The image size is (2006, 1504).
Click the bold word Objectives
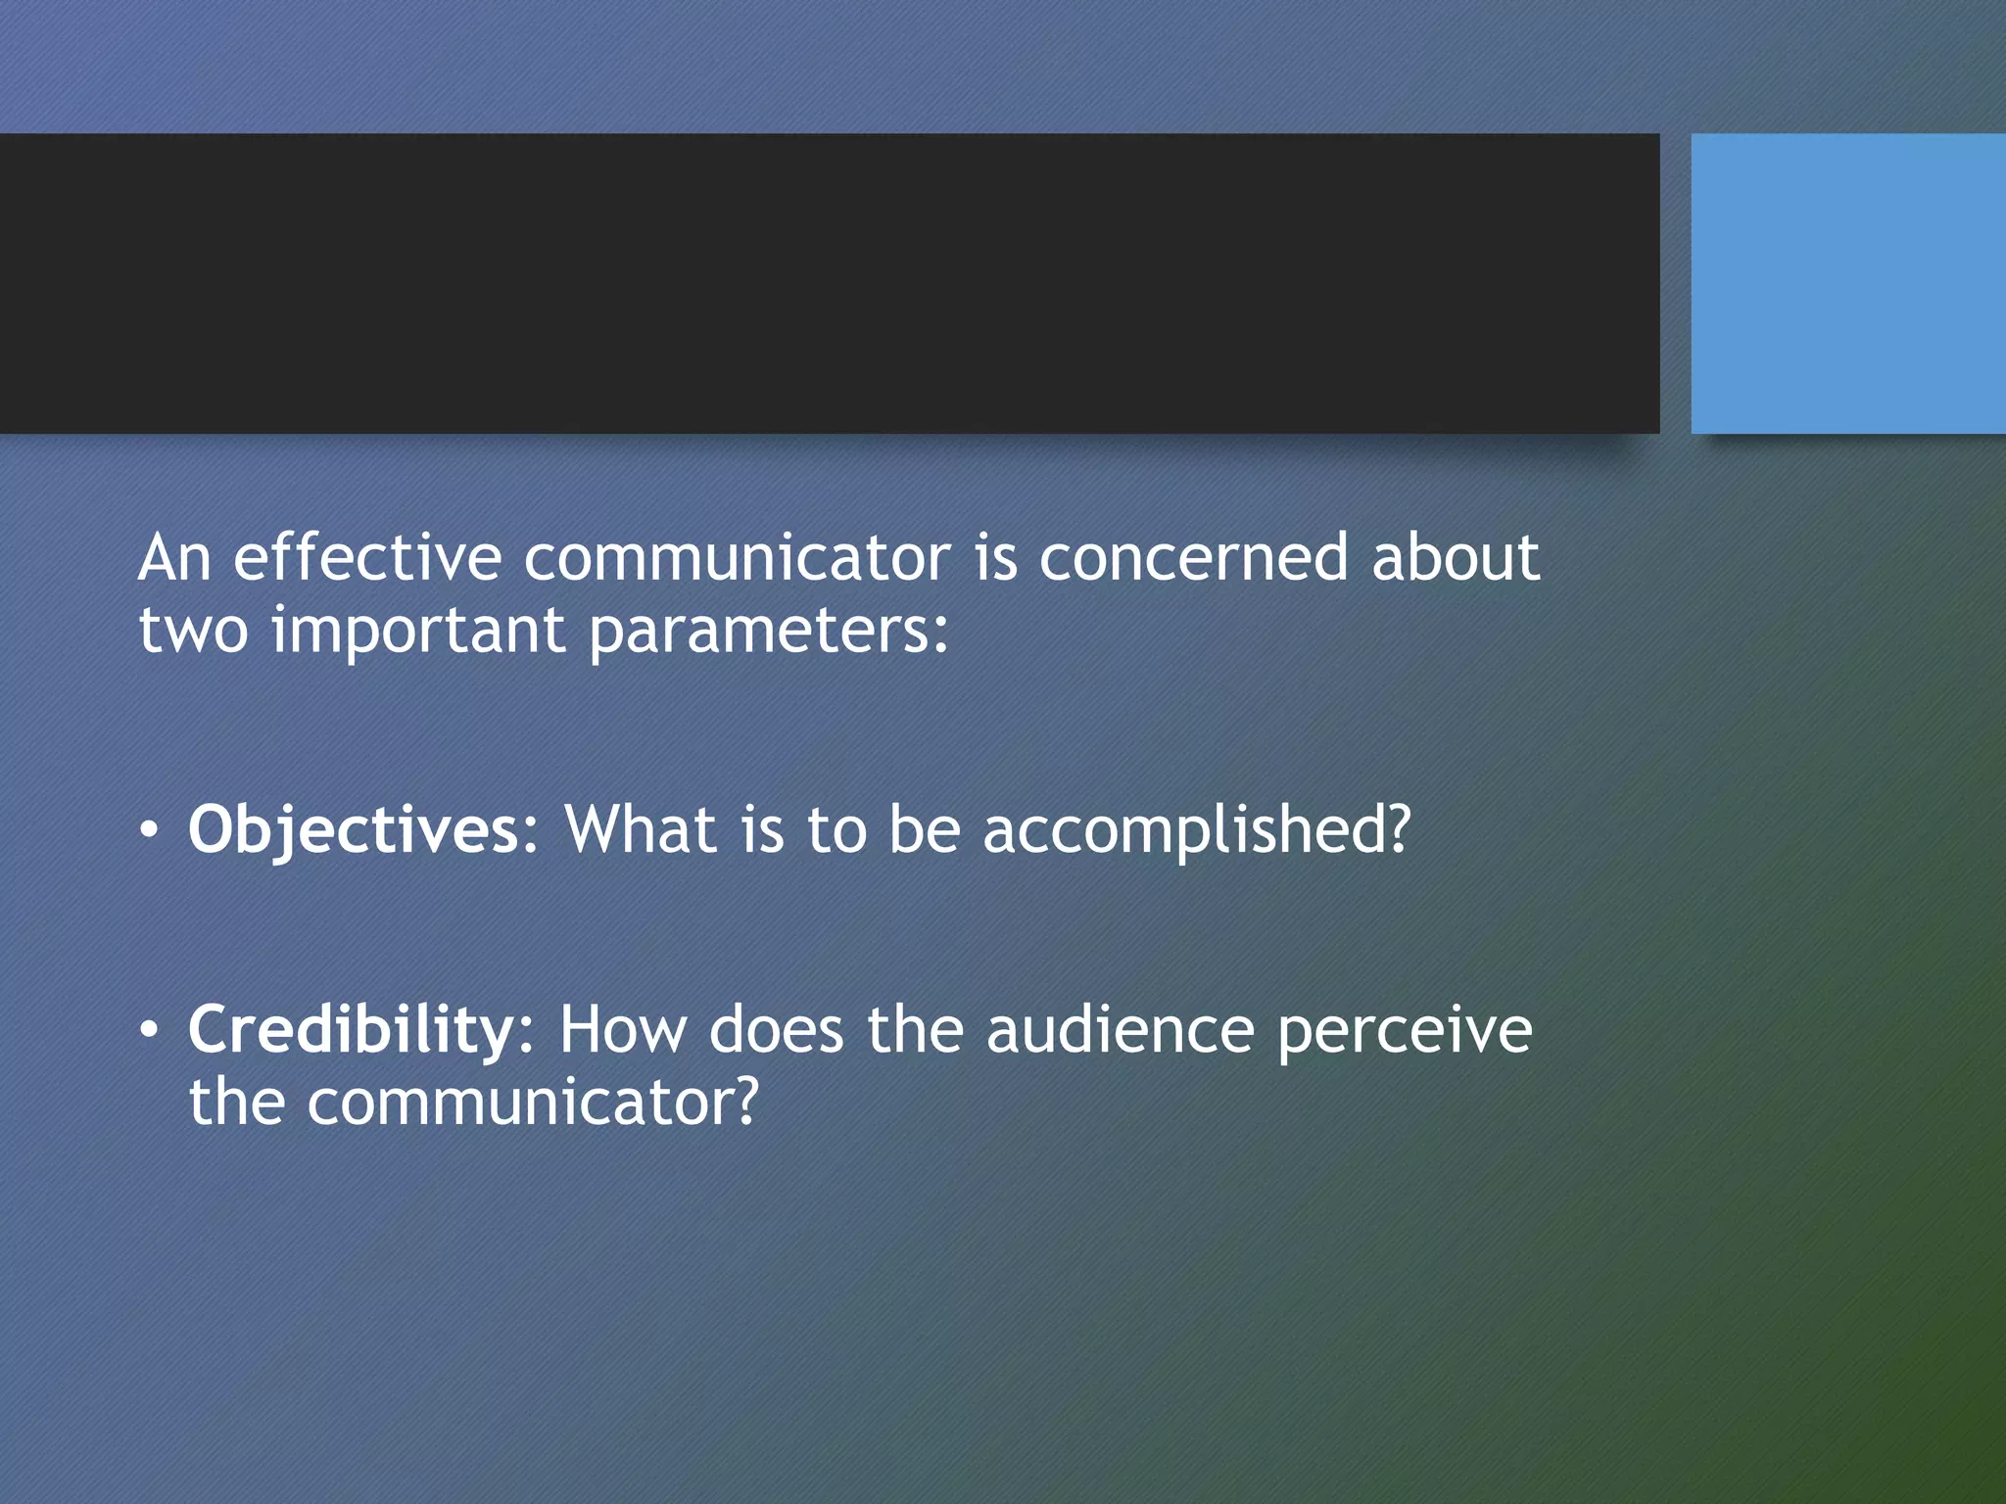pyautogui.click(x=353, y=831)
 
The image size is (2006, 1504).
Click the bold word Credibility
pyautogui.click(x=350, y=1031)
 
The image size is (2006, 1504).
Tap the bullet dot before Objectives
pyautogui.click(x=148, y=831)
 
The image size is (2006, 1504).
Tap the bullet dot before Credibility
pyautogui.click(x=148, y=1031)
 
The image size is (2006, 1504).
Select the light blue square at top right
pyautogui.click(x=1847, y=283)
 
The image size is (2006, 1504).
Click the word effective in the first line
pyautogui.click(x=367, y=559)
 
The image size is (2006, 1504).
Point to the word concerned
pyautogui.click(x=1193, y=559)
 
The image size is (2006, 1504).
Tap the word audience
pyautogui.click(x=1120, y=1031)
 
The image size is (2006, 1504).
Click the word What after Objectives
pyautogui.click(x=641, y=831)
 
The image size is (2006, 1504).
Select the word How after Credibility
pyautogui.click(x=622, y=1031)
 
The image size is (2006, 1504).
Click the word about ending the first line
pyautogui.click(x=1456, y=559)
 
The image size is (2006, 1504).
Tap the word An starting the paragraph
pyautogui.click(x=174, y=559)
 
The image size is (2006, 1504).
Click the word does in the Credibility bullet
pyautogui.click(x=776, y=1031)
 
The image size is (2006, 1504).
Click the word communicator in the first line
pyautogui.click(x=737, y=559)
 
